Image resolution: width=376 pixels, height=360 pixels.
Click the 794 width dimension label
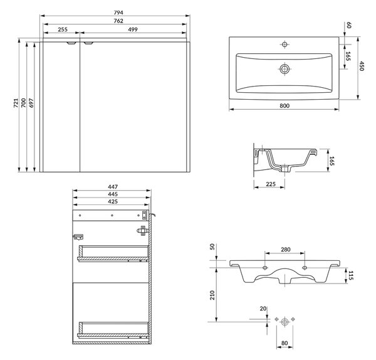click(x=118, y=13)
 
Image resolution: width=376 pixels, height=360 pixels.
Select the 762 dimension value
click(x=118, y=21)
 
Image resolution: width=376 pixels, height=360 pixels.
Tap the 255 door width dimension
click(x=63, y=29)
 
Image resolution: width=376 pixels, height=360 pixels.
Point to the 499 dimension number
click(x=133, y=29)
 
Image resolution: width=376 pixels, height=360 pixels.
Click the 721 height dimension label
click(x=16, y=103)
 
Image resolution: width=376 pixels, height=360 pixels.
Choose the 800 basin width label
click(x=285, y=105)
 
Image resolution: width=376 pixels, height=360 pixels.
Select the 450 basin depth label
click(x=362, y=66)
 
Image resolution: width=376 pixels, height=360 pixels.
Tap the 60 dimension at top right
click(x=348, y=25)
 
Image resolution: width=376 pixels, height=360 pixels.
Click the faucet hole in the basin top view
click(x=285, y=45)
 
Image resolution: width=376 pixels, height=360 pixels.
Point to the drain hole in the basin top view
click(x=285, y=69)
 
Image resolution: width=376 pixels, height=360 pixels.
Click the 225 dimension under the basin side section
click(x=271, y=184)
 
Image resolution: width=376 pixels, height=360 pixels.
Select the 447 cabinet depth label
click(x=113, y=187)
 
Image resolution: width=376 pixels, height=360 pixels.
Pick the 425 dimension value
click(x=113, y=201)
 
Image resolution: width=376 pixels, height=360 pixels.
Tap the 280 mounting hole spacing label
click(x=286, y=250)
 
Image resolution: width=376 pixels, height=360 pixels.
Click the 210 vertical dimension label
click(x=212, y=295)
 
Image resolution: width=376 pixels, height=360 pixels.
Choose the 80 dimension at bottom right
click(x=285, y=344)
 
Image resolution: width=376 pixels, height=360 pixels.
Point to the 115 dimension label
click(x=350, y=275)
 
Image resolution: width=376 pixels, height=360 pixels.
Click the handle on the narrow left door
click(x=71, y=43)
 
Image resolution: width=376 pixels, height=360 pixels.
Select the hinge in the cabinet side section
click(x=143, y=231)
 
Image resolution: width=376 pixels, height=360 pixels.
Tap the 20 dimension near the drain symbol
click(x=263, y=309)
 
